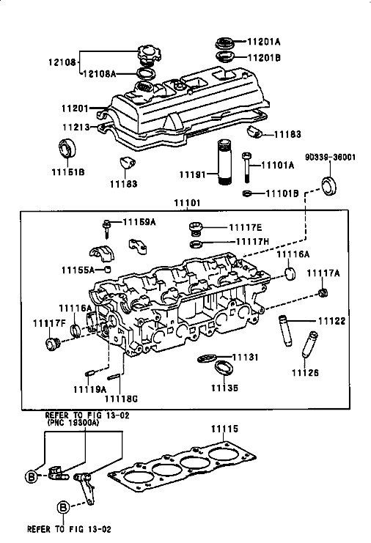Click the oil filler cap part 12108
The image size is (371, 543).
(149, 54)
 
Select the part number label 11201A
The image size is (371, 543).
(264, 42)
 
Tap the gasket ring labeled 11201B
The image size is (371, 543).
(225, 56)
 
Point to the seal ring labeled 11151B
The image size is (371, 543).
(67, 147)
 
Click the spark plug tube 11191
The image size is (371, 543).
(224, 163)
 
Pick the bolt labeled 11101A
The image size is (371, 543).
(246, 167)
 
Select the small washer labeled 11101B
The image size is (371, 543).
(247, 193)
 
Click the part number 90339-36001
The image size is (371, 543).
(330, 158)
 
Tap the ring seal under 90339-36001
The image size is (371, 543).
(329, 185)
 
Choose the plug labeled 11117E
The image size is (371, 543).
(195, 228)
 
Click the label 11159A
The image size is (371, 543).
(139, 221)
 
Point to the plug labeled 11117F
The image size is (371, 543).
(53, 343)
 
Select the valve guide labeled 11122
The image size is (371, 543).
(284, 330)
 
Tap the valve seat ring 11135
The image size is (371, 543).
(224, 367)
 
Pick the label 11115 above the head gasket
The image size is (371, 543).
(225, 429)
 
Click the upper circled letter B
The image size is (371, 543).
(32, 477)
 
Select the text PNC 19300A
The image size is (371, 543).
(73, 423)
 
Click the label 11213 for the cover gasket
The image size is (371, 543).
(76, 127)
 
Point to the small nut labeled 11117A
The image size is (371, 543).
(323, 293)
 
